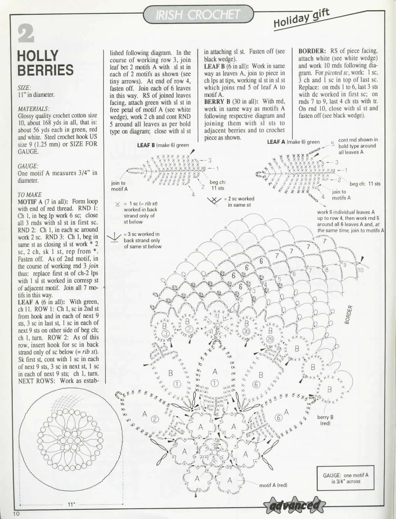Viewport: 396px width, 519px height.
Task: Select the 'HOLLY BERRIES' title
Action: coord(45,63)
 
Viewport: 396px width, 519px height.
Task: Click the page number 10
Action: coord(17,513)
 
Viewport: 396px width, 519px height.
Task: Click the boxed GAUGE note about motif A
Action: coord(346,478)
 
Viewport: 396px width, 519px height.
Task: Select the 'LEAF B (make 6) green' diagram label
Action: coord(163,145)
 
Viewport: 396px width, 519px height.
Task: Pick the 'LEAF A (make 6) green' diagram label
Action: coord(293,142)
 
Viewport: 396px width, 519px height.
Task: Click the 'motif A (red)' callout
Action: coord(273,485)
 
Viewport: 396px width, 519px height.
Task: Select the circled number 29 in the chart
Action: coord(270,339)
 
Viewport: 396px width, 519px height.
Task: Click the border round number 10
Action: coord(360,270)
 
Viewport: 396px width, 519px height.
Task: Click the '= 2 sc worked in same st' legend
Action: coord(238,202)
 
